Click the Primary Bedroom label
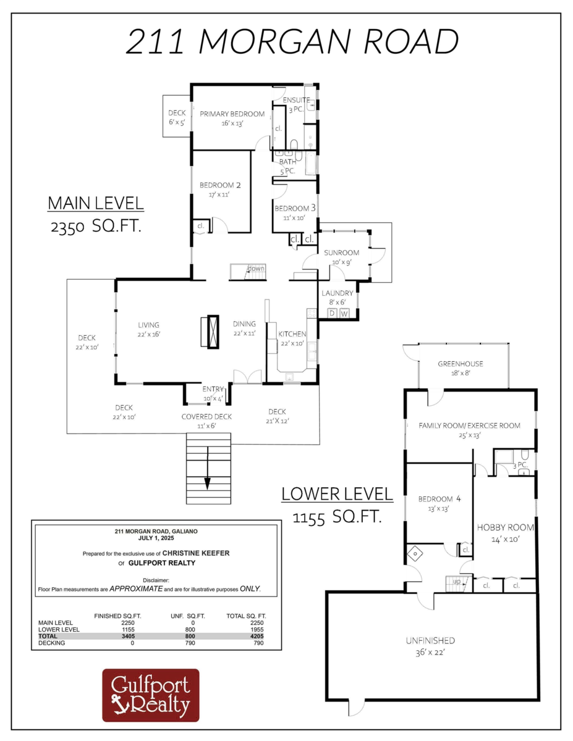(232, 114)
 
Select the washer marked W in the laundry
(344, 314)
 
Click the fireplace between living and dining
(213, 332)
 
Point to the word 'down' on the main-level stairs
(256, 269)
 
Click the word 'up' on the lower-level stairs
(457, 582)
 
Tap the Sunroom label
(342, 253)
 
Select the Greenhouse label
(461, 364)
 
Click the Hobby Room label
(505, 527)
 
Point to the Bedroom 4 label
(439, 499)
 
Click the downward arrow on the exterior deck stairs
(208, 468)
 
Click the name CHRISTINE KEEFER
(196, 553)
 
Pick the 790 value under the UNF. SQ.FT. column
(190, 643)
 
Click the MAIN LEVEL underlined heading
(96, 203)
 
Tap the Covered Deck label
(206, 417)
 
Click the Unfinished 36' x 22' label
(430, 647)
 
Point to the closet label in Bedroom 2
(200, 226)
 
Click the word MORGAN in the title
(274, 41)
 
